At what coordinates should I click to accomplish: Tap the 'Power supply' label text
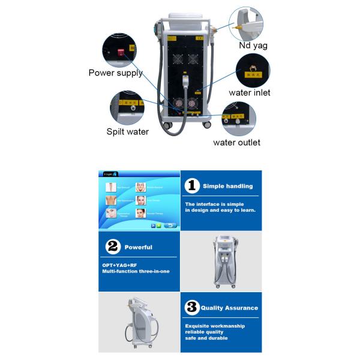pos(115,73)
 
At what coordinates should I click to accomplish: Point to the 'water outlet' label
pos(236,142)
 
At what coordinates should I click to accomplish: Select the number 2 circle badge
pos(112,247)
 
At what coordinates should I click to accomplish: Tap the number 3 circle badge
pos(191,308)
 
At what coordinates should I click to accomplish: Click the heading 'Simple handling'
pos(227,187)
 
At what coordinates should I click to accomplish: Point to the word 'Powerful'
pos(138,247)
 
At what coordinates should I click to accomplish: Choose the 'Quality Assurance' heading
pos(229,308)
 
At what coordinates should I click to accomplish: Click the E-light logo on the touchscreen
pos(109,174)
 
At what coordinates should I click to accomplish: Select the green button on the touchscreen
pos(158,226)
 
